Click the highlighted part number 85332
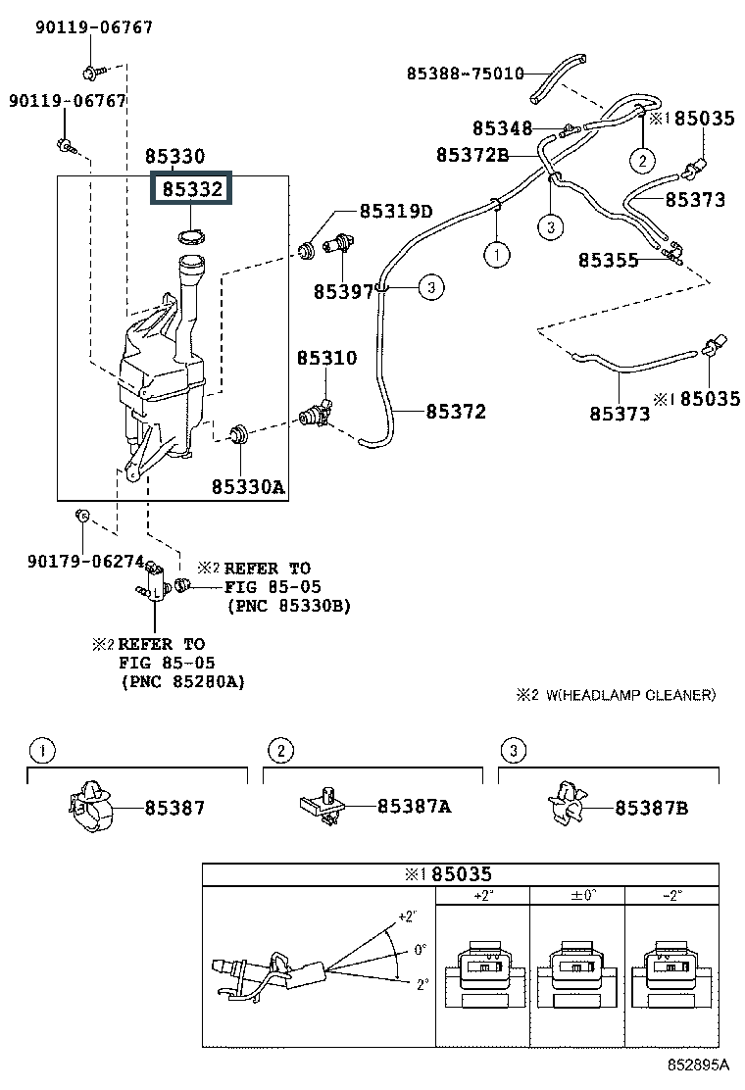pyautogui.click(x=192, y=189)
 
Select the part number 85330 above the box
pyautogui.click(x=175, y=156)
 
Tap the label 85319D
pyautogui.click(x=395, y=211)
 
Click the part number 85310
pyautogui.click(x=327, y=359)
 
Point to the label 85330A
pyautogui.click(x=248, y=485)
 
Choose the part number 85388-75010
pyautogui.click(x=465, y=73)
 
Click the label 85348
pyautogui.click(x=502, y=128)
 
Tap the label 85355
pyautogui.click(x=608, y=260)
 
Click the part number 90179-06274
pyautogui.click(x=87, y=561)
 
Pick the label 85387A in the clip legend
pyautogui.click(x=414, y=807)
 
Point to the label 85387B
pyautogui.click(x=651, y=808)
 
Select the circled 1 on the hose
pyautogui.click(x=496, y=255)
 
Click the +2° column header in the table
pyautogui.click(x=481, y=895)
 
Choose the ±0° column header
pyautogui.click(x=576, y=895)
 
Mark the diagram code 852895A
pyautogui.click(x=699, y=1064)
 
